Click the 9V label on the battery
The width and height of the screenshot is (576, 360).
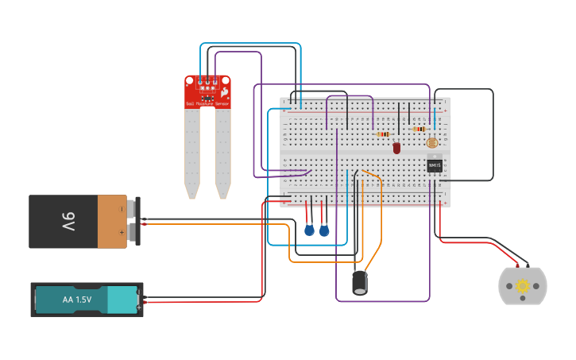68,222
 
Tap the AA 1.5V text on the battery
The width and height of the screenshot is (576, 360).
76,300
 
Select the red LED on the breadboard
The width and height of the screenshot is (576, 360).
396,148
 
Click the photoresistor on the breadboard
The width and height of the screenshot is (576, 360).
431,143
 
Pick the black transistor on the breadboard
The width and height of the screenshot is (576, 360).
434,165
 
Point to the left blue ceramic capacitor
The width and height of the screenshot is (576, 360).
309,230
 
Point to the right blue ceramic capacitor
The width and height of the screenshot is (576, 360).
324,230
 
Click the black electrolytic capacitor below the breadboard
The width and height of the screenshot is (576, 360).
360,283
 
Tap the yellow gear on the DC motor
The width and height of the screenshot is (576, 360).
522,286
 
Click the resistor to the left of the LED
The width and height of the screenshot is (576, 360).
383,134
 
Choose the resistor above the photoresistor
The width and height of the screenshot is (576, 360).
419,129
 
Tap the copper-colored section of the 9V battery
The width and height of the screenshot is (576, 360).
112,222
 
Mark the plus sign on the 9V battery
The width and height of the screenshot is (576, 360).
121,232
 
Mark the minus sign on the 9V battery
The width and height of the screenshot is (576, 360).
121,210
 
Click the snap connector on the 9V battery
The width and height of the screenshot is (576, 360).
137,221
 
